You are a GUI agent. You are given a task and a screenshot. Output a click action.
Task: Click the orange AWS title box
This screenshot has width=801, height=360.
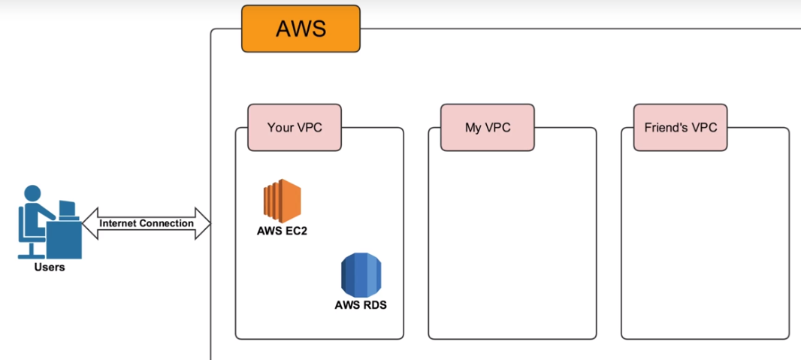pyautogui.click(x=301, y=29)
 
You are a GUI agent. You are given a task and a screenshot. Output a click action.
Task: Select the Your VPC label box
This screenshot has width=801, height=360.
pyautogui.click(x=295, y=127)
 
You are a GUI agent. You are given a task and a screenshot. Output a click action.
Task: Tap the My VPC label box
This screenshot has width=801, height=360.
pyautogui.click(x=488, y=127)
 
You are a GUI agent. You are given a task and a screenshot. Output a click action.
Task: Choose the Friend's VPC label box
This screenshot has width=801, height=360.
pyautogui.click(x=680, y=127)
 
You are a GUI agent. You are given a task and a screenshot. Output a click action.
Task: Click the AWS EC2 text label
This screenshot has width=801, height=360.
pyautogui.click(x=282, y=231)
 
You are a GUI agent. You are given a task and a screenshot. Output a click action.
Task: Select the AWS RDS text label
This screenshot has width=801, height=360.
pyautogui.click(x=361, y=306)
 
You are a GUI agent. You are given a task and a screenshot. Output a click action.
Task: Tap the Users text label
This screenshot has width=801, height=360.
pyautogui.click(x=50, y=267)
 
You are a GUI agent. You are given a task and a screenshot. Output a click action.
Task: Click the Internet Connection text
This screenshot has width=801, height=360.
pyautogui.click(x=146, y=223)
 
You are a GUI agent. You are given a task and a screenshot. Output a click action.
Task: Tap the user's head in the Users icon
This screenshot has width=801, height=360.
pyautogui.click(x=34, y=194)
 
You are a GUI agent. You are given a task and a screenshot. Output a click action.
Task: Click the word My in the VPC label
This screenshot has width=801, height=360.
pyautogui.click(x=473, y=127)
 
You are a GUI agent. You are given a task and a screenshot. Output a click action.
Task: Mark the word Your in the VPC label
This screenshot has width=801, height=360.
pyautogui.click(x=280, y=127)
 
